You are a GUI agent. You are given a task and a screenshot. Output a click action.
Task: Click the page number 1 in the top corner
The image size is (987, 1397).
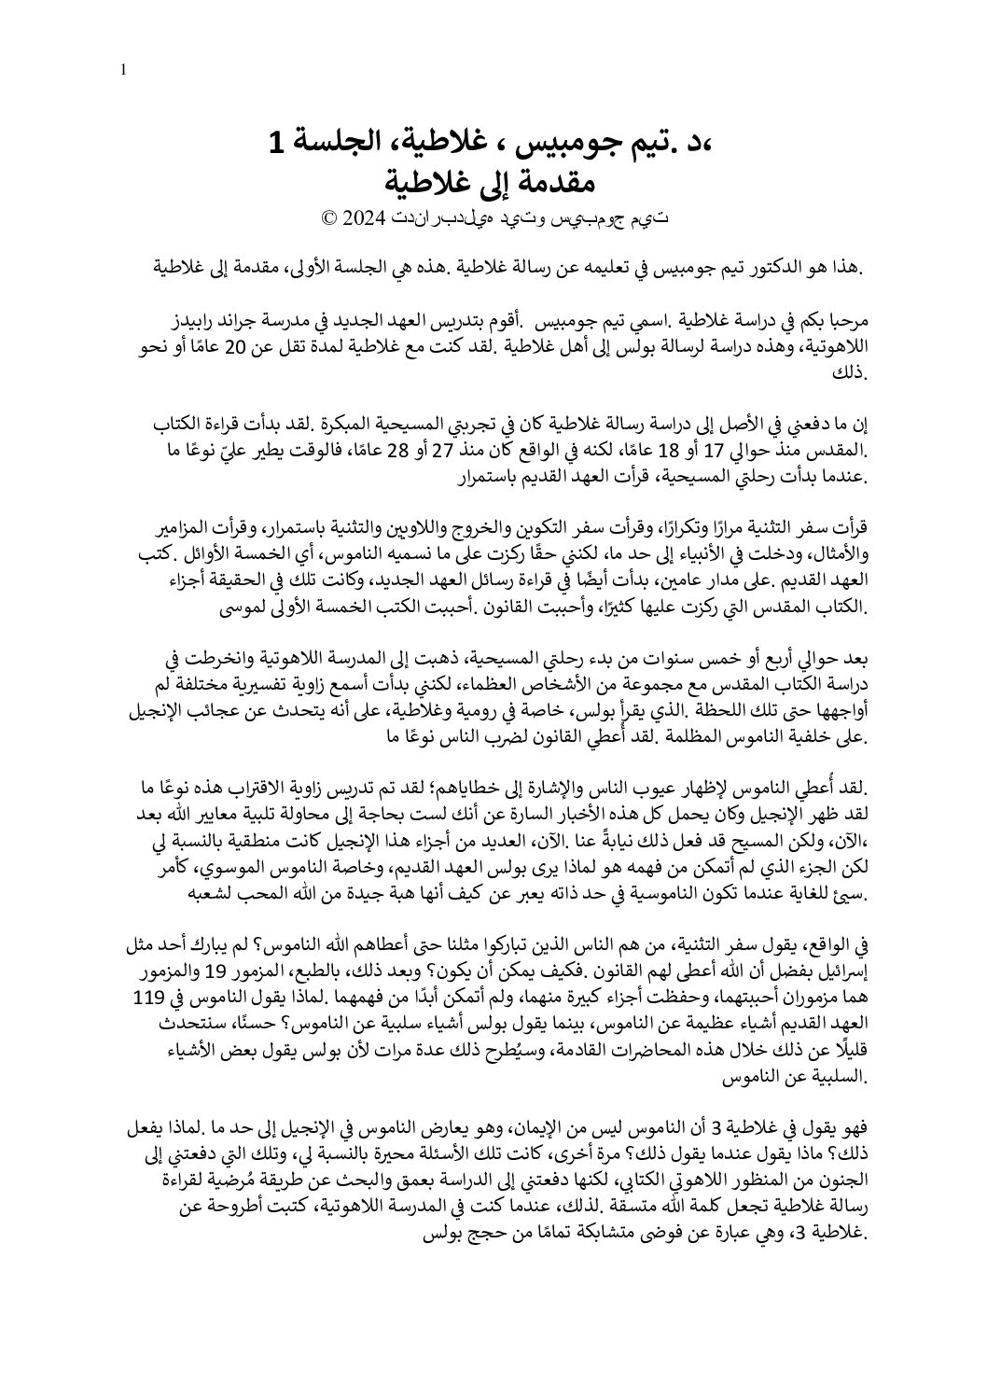point(125,69)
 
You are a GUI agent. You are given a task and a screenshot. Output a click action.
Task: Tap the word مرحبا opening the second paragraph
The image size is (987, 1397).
point(845,324)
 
